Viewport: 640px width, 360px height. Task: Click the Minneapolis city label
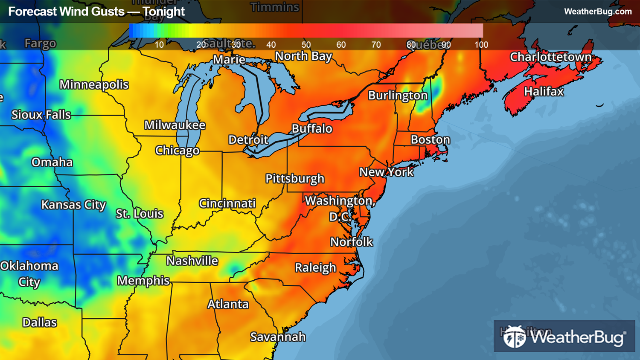click(94, 84)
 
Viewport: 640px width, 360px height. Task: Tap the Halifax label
click(544, 92)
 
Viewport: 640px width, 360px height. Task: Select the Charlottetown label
click(550, 57)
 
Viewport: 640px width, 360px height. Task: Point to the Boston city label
click(430, 140)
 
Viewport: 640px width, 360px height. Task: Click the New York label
click(386, 172)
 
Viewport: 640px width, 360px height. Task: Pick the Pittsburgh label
click(295, 178)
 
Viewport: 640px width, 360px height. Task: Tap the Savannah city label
click(278, 337)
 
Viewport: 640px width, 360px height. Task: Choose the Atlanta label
click(228, 304)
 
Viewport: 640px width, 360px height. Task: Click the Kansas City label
click(73, 205)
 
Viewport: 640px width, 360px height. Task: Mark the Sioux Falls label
click(41, 115)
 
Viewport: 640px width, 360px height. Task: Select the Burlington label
click(398, 96)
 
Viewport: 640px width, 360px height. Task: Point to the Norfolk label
click(352, 242)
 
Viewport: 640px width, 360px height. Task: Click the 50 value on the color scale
click(306, 45)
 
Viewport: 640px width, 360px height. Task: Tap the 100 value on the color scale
click(481, 45)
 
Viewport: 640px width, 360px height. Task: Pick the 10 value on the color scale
click(159, 45)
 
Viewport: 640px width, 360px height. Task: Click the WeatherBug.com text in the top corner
click(598, 12)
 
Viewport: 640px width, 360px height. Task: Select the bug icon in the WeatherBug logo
click(514, 337)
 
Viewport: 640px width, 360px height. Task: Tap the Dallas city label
click(39, 322)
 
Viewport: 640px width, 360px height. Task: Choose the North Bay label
click(303, 56)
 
